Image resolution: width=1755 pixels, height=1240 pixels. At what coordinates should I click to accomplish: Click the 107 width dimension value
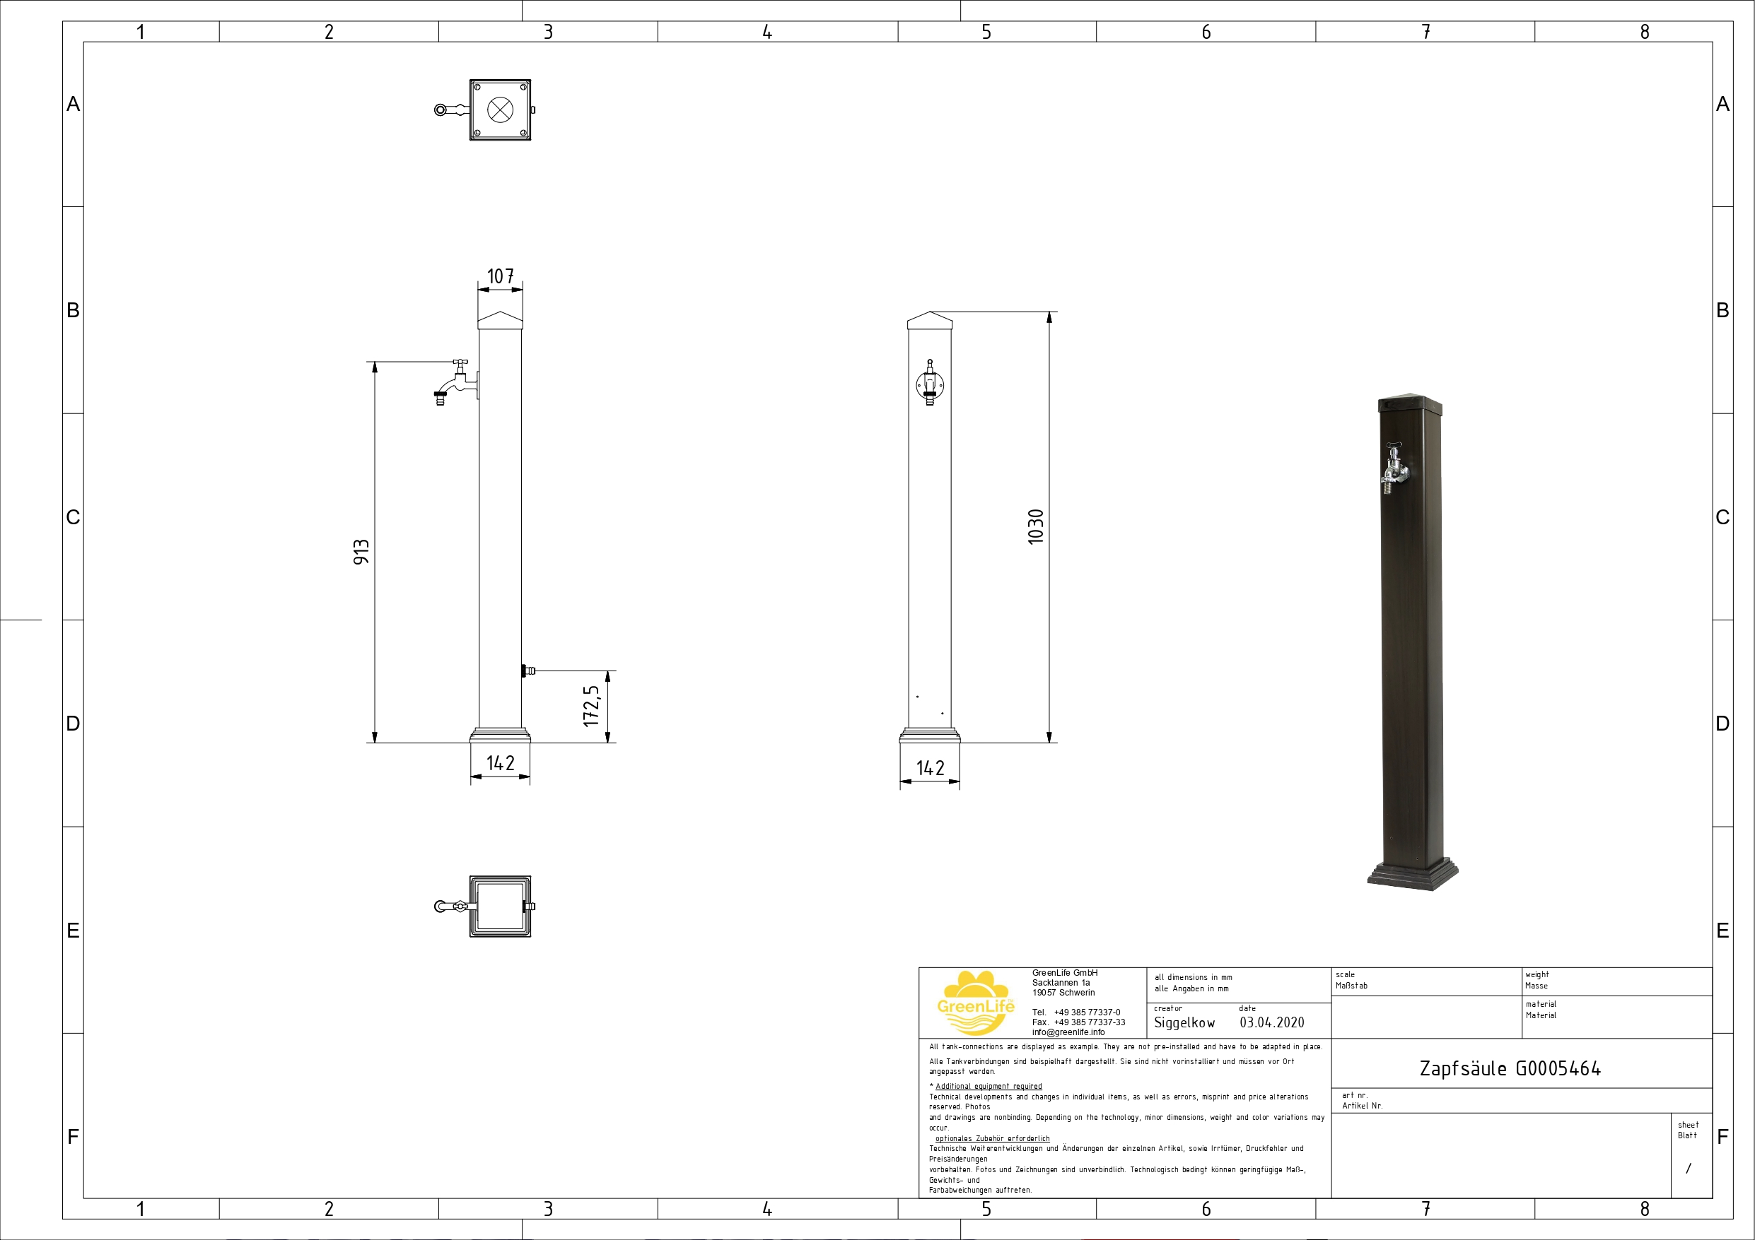point(501,276)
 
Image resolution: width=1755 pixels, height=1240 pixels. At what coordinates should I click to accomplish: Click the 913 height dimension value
point(361,552)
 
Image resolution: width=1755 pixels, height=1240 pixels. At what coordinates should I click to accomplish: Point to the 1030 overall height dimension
point(1036,526)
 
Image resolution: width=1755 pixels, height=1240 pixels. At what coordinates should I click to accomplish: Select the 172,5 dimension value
point(591,705)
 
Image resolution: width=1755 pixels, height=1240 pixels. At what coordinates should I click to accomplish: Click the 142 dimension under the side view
point(501,762)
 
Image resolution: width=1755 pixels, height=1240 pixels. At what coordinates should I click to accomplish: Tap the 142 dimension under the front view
point(931,768)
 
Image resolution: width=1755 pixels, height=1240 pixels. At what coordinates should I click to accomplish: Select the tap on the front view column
point(930,383)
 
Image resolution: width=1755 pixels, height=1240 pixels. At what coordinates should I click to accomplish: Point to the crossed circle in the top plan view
point(500,110)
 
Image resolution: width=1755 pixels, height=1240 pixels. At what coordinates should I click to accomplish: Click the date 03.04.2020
point(1272,1022)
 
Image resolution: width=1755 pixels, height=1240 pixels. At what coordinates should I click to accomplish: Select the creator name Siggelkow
point(1184,1022)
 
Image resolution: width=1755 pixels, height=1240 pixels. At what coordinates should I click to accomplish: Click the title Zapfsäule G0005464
point(1510,1068)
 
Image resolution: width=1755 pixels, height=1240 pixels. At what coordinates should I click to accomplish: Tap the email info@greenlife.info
point(1068,1032)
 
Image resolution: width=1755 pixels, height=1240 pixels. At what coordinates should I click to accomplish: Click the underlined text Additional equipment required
point(989,1086)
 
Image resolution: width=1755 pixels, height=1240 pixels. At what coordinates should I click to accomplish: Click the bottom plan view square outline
point(500,906)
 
